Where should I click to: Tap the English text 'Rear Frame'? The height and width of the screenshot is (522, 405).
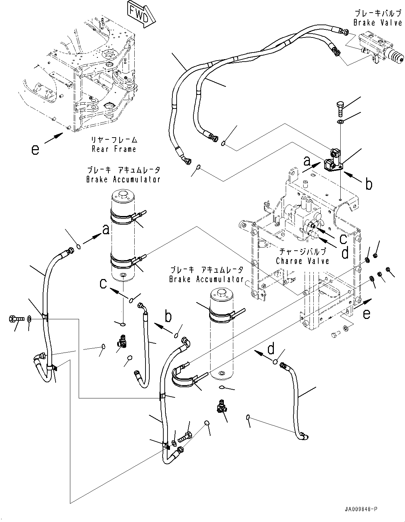(114, 149)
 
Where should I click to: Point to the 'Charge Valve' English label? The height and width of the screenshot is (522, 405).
(302, 261)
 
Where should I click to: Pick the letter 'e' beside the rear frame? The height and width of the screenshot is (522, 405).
(35, 150)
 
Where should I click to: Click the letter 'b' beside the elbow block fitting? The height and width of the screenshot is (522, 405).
(369, 184)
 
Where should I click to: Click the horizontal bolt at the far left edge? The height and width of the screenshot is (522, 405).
(16, 319)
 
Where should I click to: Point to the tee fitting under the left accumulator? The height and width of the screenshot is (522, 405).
(122, 341)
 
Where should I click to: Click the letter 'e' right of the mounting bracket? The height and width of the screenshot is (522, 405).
(366, 314)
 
